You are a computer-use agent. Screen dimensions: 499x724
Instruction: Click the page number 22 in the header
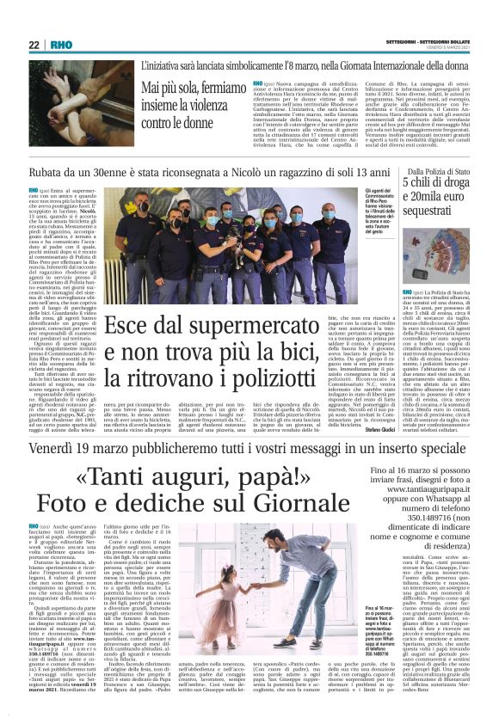pyautogui.click(x=34, y=45)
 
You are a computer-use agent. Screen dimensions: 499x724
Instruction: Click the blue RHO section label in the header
pyautogui.click(x=60, y=45)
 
